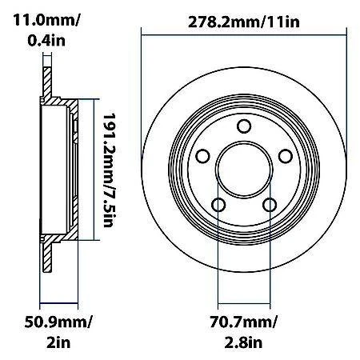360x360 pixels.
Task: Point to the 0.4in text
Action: tap(33, 36)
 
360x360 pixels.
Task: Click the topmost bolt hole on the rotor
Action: tap(242, 126)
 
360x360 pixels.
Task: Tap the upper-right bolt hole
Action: tap(284, 156)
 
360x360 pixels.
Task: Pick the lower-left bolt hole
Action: tap(218, 205)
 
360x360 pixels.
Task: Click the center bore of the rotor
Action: tap(242, 169)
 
